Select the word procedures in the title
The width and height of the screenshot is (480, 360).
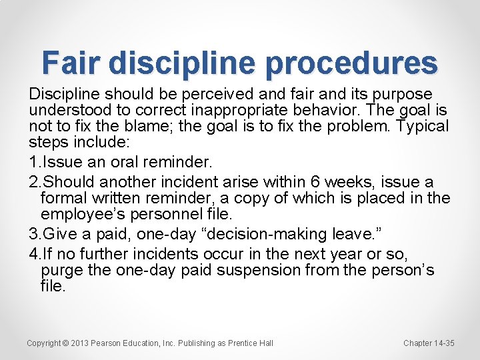pyautogui.click(x=351, y=63)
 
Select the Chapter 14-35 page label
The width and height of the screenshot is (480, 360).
pyautogui.click(x=429, y=343)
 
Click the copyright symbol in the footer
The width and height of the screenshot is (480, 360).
pyautogui.click(x=65, y=343)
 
